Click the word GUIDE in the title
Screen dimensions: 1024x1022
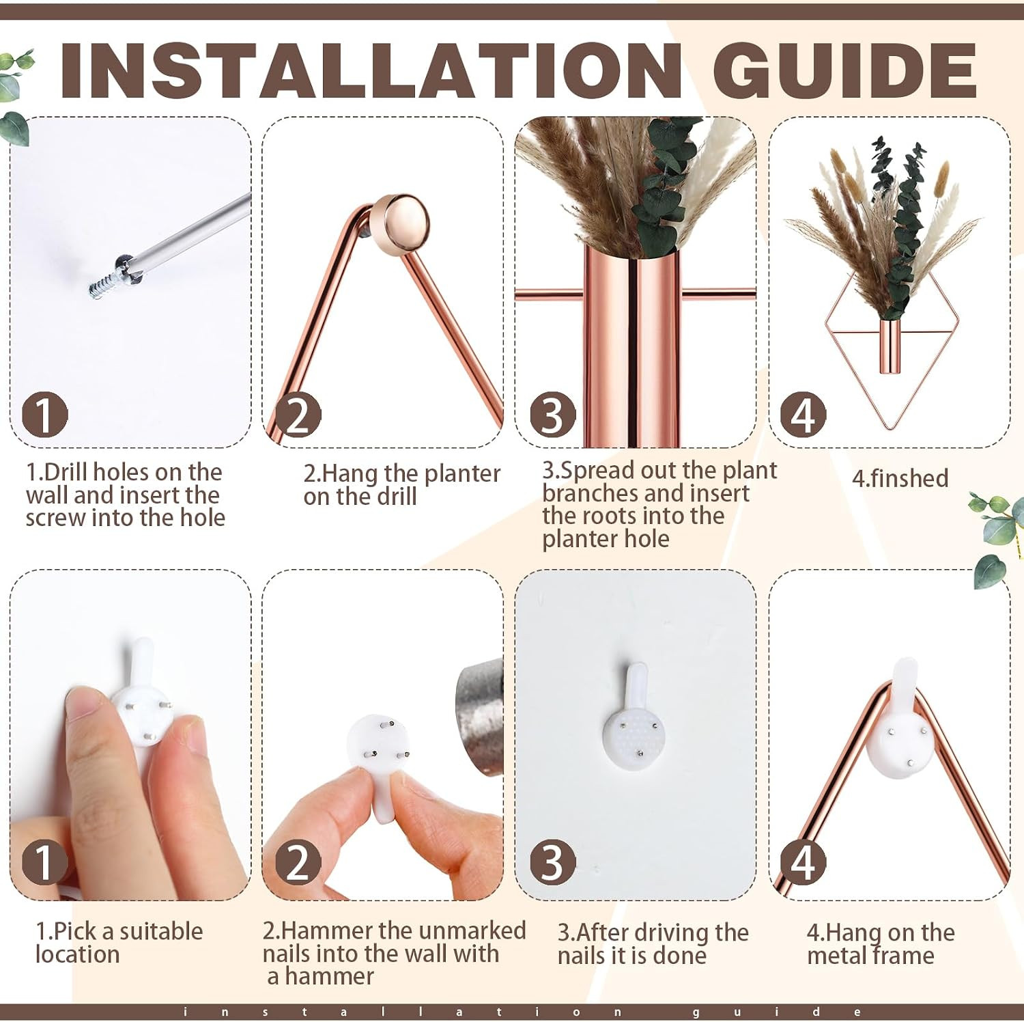pyautogui.click(x=845, y=71)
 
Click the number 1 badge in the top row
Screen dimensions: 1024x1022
pyautogui.click(x=44, y=415)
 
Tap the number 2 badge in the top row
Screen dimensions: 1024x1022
pyautogui.click(x=298, y=415)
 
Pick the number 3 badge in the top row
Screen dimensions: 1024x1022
pyautogui.click(x=553, y=415)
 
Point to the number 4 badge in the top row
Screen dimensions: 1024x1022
pyautogui.click(x=803, y=415)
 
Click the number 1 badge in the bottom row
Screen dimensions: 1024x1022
pyautogui.click(x=44, y=862)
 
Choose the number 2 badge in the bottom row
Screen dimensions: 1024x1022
pyautogui.click(x=298, y=862)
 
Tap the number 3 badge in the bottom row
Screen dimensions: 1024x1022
pyautogui.click(x=553, y=862)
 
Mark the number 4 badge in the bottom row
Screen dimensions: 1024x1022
pyautogui.click(x=803, y=862)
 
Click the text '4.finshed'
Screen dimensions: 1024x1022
pyautogui.click(x=900, y=478)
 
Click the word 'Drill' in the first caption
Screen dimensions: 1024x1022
pyautogui.click(x=72, y=472)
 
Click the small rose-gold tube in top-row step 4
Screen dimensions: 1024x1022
pyautogui.click(x=890, y=346)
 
